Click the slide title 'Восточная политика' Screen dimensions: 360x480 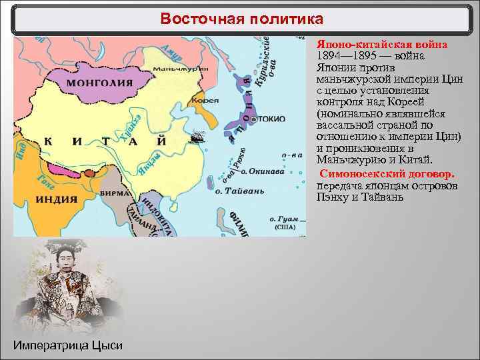[241, 19]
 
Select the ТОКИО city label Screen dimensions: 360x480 [269, 119]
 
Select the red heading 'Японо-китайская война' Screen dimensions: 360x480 [381, 44]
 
